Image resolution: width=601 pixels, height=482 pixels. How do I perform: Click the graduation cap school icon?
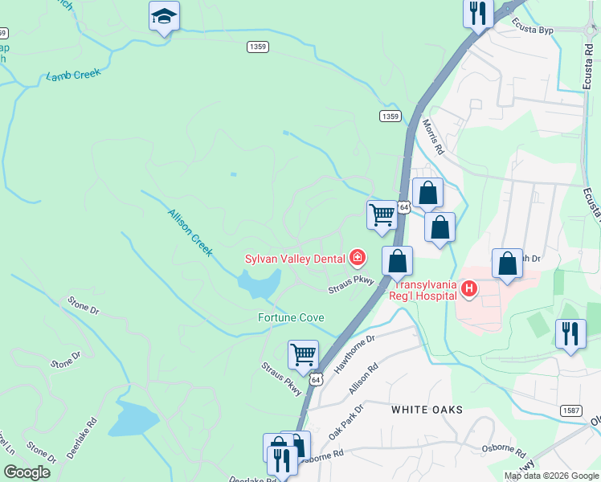(x=164, y=16)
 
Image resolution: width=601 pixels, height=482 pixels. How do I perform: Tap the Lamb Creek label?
(x=73, y=76)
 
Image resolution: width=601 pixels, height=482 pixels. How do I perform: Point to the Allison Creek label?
(x=190, y=232)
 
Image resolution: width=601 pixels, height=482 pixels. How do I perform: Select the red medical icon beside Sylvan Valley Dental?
(x=358, y=258)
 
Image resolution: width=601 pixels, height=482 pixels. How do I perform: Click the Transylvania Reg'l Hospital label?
(x=425, y=290)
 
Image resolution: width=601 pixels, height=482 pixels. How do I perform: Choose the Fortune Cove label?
(x=290, y=317)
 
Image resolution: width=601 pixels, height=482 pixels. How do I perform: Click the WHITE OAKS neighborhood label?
(x=427, y=410)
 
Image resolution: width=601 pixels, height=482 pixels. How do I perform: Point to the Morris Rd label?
(x=433, y=137)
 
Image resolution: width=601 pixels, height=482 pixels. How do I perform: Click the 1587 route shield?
(x=571, y=411)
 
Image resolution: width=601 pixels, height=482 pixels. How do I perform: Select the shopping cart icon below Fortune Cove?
(x=303, y=353)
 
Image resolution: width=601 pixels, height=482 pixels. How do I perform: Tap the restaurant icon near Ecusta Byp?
(x=478, y=13)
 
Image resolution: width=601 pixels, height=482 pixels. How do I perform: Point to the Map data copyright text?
(x=551, y=476)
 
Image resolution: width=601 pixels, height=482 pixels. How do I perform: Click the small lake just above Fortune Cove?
(x=259, y=283)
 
